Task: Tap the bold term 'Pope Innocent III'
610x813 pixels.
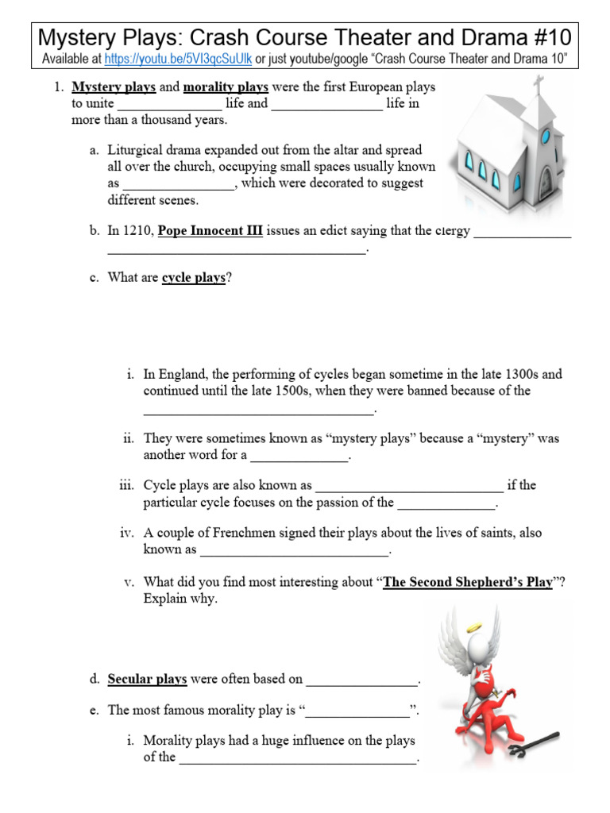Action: [210, 231]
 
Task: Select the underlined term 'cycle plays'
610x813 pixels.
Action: [194, 279]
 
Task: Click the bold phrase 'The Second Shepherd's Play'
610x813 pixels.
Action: [467, 582]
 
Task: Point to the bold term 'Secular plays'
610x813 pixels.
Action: [147, 679]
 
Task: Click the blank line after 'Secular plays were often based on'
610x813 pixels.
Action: [361, 680]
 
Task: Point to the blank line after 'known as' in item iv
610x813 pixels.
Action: [294, 551]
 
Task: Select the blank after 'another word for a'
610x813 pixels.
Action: [299, 457]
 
